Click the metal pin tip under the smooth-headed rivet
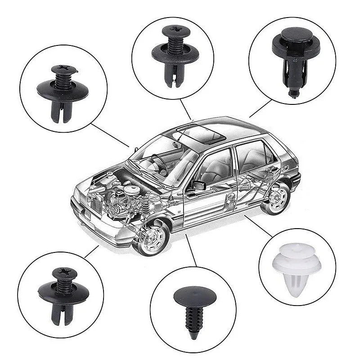point(293,93)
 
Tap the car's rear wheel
point(276,198)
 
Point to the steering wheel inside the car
point(159,164)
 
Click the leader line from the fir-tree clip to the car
point(191,250)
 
